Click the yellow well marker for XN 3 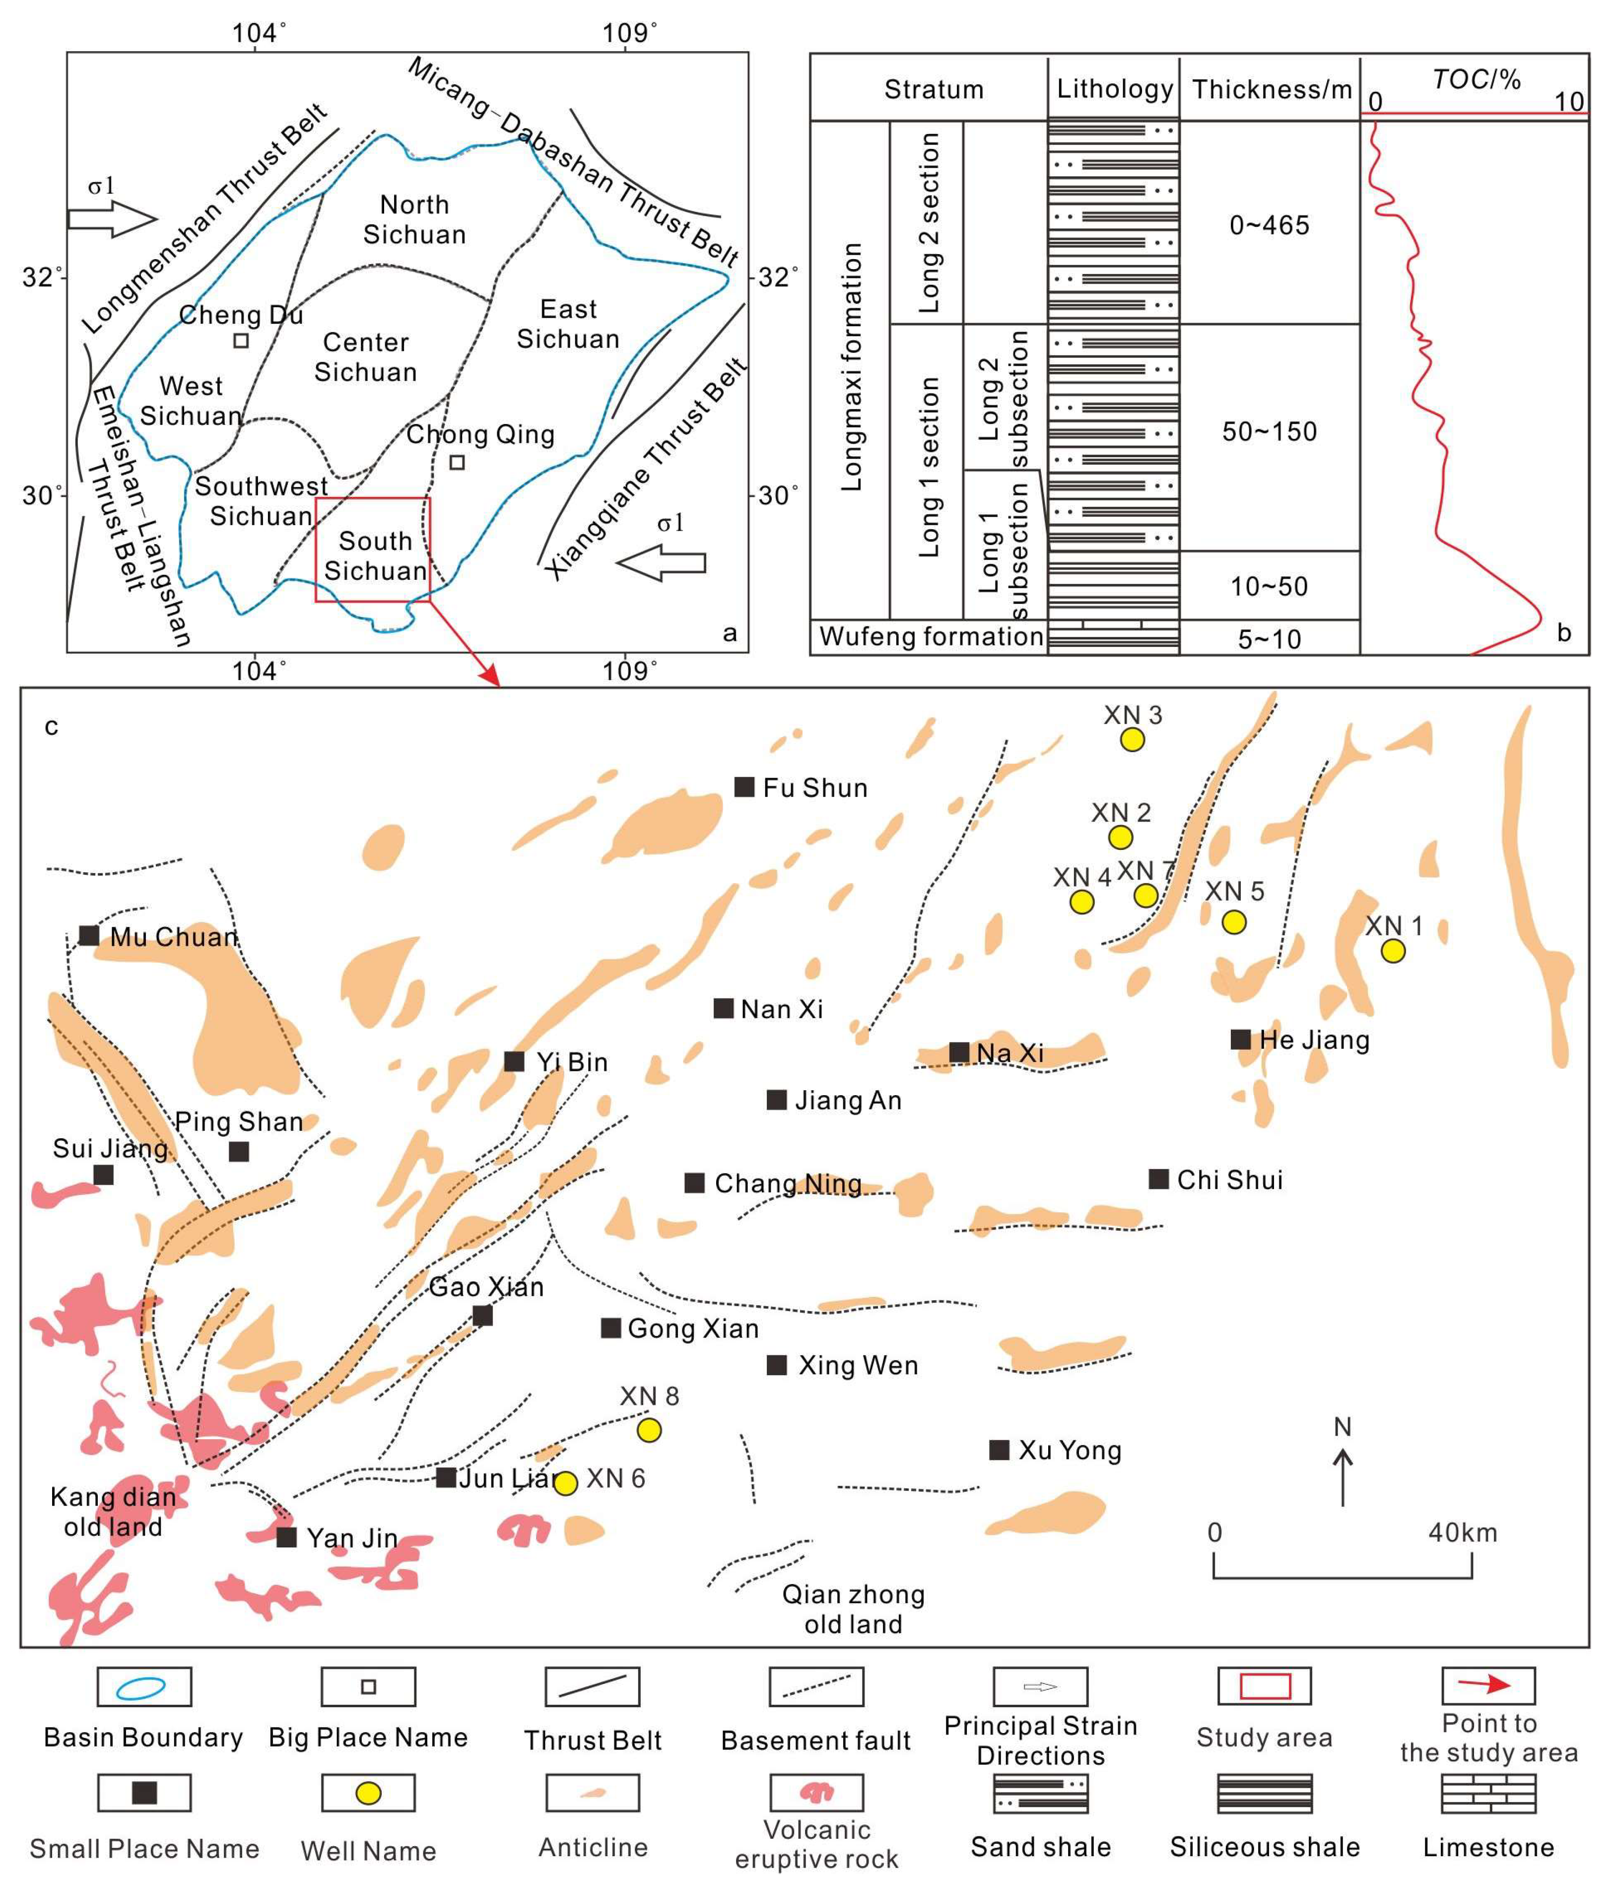coord(1131,740)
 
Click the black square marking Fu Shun coord(744,787)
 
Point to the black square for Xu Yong coord(999,1450)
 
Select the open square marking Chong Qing coord(457,462)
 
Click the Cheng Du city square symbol coord(241,341)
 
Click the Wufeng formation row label coord(931,636)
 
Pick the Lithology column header coord(1114,89)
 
